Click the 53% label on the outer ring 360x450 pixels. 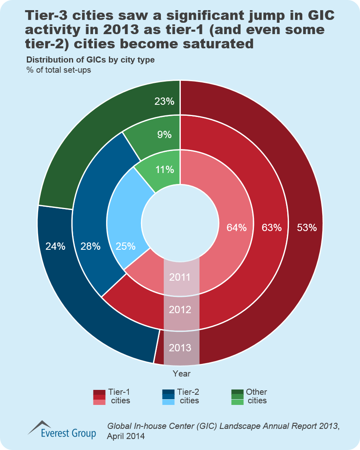(x=307, y=228)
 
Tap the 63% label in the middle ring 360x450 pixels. (x=271, y=228)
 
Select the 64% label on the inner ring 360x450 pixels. (x=236, y=228)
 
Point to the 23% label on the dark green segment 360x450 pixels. (x=165, y=102)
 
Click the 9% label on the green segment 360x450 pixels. (x=165, y=134)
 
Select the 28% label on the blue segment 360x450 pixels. (x=90, y=246)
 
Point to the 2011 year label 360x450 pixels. (x=180, y=278)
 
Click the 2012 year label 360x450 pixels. (x=180, y=310)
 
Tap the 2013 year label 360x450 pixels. (x=180, y=348)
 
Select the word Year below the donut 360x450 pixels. (x=181, y=373)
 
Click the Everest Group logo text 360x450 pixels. (x=68, y=433)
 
